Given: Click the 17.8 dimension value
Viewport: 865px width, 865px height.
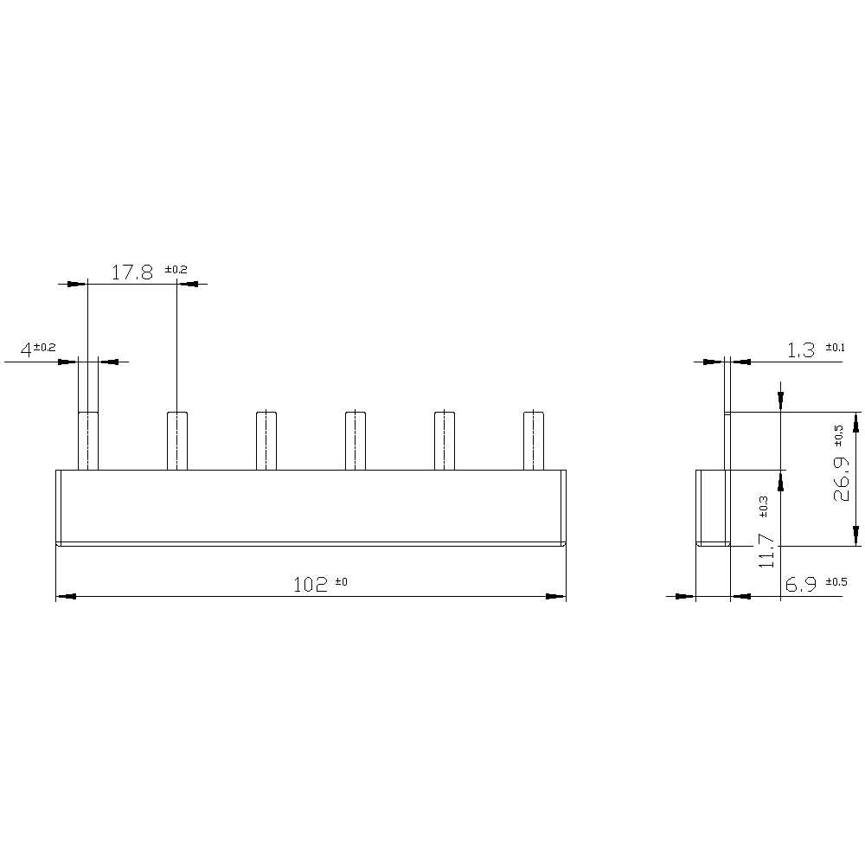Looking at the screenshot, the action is coord(132,272).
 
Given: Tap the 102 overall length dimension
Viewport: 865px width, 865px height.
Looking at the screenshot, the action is coord(310,585).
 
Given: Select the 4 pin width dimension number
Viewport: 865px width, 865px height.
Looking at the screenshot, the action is coord(25,349).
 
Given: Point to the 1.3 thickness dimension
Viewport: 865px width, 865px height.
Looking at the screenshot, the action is coord(800,350).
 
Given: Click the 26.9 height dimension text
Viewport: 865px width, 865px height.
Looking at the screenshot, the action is coord(842,478).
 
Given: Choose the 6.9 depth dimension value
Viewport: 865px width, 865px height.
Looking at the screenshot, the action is coord(800,584).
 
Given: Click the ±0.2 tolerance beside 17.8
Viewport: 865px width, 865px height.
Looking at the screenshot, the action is coord(176,270).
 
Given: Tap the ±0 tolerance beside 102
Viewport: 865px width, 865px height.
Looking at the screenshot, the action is coord(341,581).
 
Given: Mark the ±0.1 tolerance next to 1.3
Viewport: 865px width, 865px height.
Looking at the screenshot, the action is coord(835,348).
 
